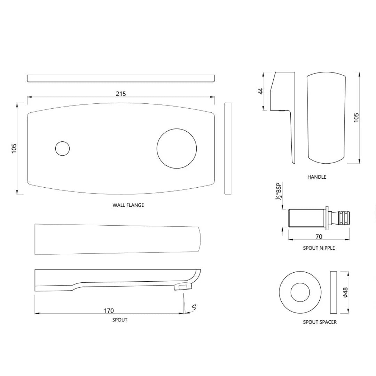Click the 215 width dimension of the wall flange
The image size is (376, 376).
click(x=121, y=94)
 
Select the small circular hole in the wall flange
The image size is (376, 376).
click(x=62, y=149)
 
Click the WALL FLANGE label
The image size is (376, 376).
click(x=128, y=205)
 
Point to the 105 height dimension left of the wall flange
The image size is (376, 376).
click(x=14, y=149)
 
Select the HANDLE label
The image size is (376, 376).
click(x=316, y=177)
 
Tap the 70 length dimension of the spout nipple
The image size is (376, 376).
click(x=319, y=237)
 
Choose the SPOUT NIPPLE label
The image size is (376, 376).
click(x=319, y=248)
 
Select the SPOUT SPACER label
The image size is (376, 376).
click(x=320, y=322)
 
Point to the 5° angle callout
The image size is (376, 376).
click(x=194, y=307)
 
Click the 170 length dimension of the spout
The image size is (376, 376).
click(x=109, y=311)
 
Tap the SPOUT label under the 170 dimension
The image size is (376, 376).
click(x=120, y=320)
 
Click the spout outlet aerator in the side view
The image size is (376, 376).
click(x=182, y=287)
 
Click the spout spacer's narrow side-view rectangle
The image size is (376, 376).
click(x=333, y=292)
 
